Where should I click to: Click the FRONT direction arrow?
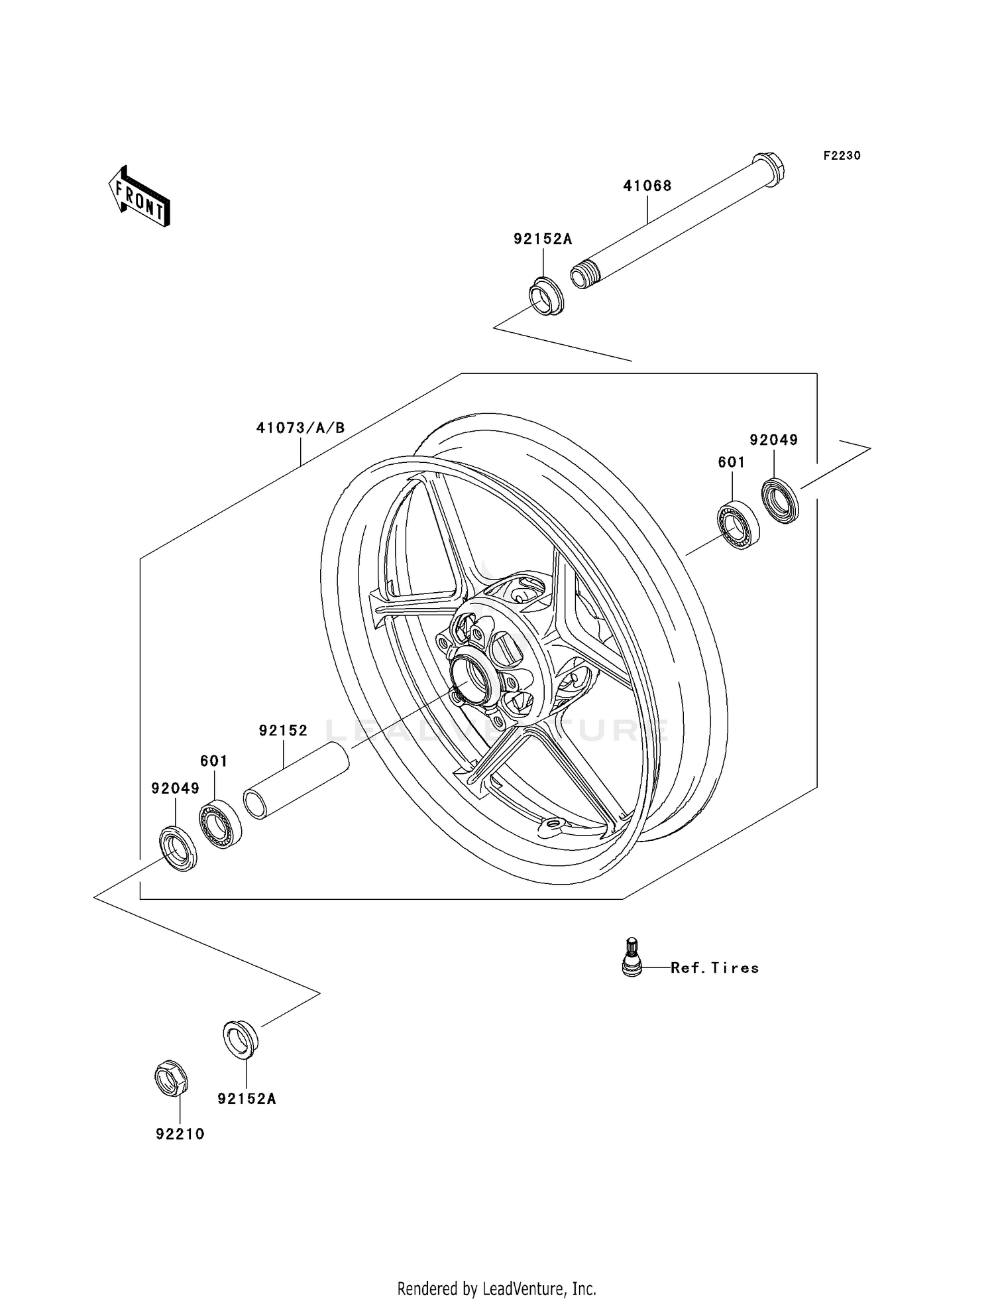click(140, 198)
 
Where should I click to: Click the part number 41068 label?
click(647, 186)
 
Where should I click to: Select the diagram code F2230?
click(842, 156)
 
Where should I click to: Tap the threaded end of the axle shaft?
click(581, 276)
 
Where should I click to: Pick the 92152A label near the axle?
click(542, 239)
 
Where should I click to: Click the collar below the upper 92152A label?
click(546, 298)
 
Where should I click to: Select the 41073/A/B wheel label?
click(300, 428)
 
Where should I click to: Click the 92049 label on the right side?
click(773, 440)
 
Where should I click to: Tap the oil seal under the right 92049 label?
click(780, 501)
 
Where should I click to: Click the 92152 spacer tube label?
click(283, 730)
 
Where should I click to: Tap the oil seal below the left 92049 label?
click(178, 848)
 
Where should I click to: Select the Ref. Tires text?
click(714, 967)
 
